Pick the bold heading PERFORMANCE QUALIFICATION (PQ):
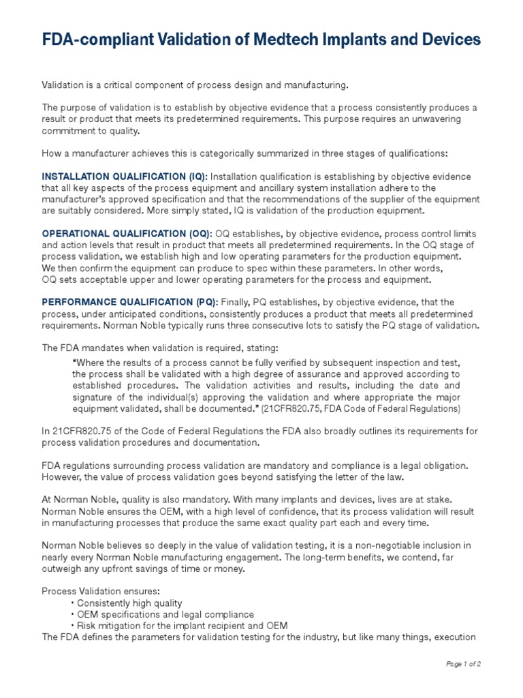pyautogui.click(x=130, y=302)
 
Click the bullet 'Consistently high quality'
pyautogui.click(x=129, y=603)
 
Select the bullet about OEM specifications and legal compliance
pyautogui.click(x=165, y=615)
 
